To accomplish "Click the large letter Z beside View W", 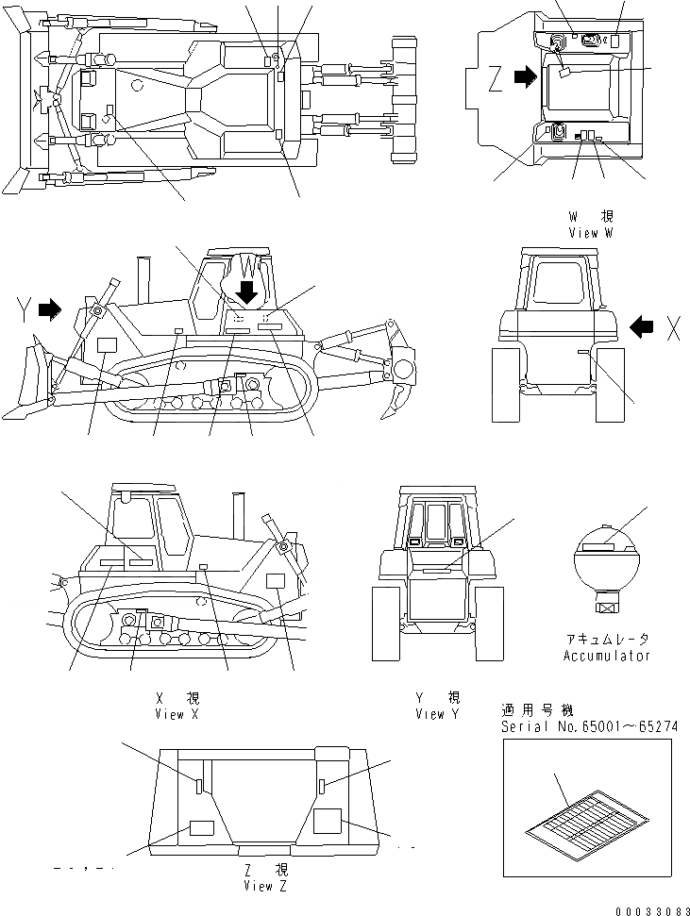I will [x=496, y=81].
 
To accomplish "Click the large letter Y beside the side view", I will [x=26, y=308].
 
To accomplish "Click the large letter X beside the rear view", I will [x=673, y=327].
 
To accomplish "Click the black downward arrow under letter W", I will [x=247, y=292].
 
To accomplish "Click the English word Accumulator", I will [x=607, y=656].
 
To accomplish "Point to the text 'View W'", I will [x=591, y=232].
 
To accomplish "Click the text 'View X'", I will [x=177, y=714].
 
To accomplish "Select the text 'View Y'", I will [x=437, y=714].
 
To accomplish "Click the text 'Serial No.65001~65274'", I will [x=589, y=726].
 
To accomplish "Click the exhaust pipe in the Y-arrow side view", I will [x=144, y=278].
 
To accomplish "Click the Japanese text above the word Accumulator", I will [x=607, y=639].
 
